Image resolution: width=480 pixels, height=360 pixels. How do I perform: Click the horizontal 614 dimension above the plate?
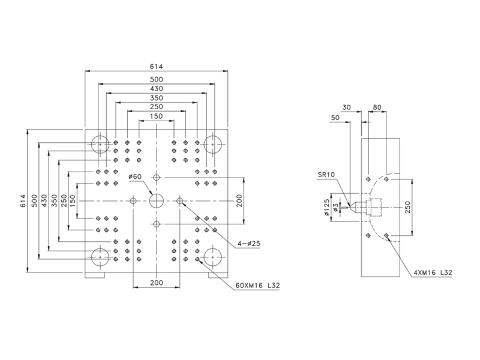(157, 67)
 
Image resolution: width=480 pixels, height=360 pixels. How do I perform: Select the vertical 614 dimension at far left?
(23, 201)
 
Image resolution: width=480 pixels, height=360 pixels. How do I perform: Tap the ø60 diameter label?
(135, 176)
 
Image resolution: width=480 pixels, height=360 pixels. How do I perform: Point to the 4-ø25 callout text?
(249, 244)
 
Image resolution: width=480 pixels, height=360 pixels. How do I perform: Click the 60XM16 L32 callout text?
(257, 286)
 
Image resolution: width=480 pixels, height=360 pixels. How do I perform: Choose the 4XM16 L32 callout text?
(433, 272)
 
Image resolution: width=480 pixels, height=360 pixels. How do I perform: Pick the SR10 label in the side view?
(326, 175)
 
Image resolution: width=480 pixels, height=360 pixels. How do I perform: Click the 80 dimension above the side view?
(377, 107)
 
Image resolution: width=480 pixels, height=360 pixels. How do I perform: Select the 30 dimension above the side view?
(346, 107)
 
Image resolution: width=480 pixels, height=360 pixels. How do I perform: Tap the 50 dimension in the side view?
(335, 118)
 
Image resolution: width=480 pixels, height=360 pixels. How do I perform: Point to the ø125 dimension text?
(326, 207)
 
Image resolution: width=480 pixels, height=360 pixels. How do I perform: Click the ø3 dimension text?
(335, 207)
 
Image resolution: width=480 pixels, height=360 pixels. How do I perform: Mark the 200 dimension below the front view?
(157, 283)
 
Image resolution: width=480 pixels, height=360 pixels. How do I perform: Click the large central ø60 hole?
(157, 201)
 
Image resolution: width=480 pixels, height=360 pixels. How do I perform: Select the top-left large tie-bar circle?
(100, 144)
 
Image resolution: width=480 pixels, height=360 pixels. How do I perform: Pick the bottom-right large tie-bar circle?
(213, 257)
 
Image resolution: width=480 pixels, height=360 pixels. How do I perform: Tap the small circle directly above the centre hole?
(157, 178)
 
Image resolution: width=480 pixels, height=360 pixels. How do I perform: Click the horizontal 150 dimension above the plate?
(157, 116)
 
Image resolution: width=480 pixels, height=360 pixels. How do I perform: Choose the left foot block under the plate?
(95, 275)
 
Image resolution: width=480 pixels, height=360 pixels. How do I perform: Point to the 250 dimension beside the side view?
(407, 207)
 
